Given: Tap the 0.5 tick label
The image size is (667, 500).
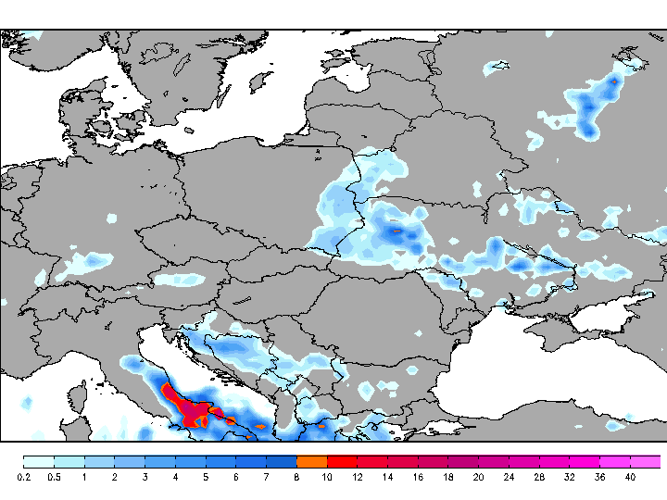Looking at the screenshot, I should (54, 477).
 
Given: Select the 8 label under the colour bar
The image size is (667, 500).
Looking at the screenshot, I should (296, 477).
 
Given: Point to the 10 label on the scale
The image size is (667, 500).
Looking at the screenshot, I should (327, 477).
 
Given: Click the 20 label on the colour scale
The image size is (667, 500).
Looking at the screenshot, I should (478, 477).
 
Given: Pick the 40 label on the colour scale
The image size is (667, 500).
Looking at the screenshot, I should (630, 477).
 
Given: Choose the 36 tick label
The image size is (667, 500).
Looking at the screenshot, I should (599, 477).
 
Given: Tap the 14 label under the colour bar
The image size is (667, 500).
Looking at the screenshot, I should (387, 477).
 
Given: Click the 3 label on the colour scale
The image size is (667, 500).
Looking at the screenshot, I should (145, 477).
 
